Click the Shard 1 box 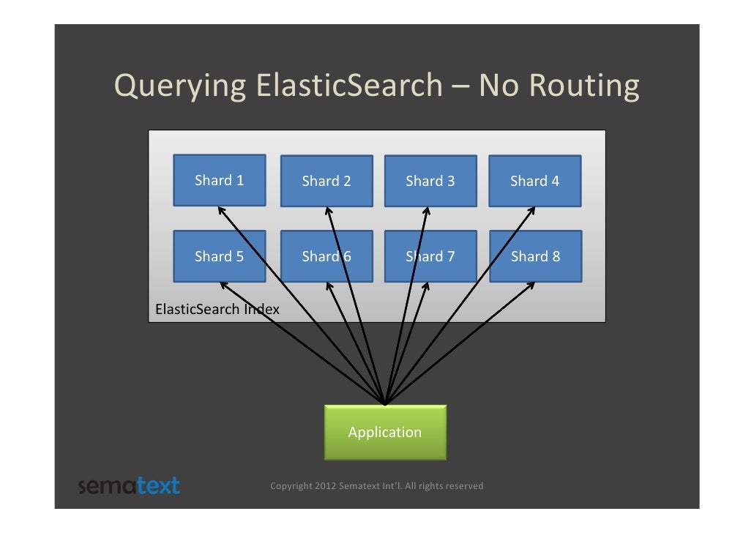point(219,180)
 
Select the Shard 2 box point(326,181)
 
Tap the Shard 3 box point(430,181)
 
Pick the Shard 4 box point(535,181)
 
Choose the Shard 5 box point(219,256)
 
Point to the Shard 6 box point(326,256)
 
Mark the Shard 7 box point(430,256)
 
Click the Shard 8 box point(535,256)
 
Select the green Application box point(385,432)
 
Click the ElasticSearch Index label point(217,309)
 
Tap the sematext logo point(129,485)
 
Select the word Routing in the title point(583,86)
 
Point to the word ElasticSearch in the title point(349,86)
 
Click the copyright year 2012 point(326,486)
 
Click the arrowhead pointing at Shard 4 point(532,209)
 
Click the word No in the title point(499,86)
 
